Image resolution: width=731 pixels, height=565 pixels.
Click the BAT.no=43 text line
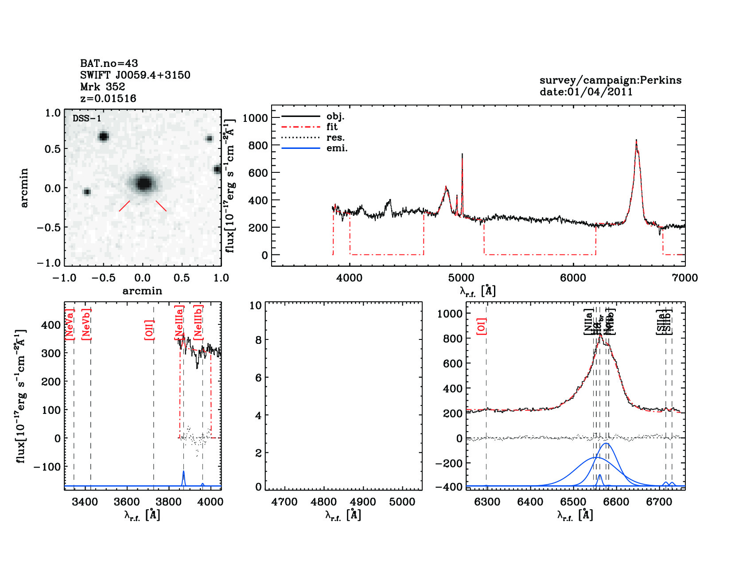coord(109,63)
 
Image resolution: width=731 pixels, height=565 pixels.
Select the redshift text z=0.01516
coord(108,98)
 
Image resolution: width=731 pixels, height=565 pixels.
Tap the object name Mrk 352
coord(103,87)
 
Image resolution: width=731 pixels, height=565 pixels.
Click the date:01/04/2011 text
coord(586,92)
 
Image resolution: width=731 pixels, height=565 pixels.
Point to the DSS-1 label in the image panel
coord(87,118)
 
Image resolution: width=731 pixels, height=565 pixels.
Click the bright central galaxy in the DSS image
coord(144,183)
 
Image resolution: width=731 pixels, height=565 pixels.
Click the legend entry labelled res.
coord(335,137)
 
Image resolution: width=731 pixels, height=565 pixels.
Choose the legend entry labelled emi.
coord(337,148)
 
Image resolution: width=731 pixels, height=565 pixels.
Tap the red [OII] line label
coord(149,330)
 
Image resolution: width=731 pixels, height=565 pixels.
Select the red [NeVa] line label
coord(70,324)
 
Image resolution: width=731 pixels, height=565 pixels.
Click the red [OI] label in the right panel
coord(482,326)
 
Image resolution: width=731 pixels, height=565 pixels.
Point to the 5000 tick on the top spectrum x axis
coord(461,278)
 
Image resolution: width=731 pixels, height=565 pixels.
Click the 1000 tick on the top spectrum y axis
coord(255,118)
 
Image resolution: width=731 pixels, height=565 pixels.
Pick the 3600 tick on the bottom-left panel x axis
coord(127,502)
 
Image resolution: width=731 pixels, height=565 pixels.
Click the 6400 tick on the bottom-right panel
coord(530,502)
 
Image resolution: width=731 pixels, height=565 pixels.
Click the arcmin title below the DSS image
coord(142,291)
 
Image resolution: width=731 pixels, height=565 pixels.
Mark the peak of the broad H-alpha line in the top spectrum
coord(636,140)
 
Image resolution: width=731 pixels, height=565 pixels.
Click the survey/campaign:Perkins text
coord(610,80)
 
